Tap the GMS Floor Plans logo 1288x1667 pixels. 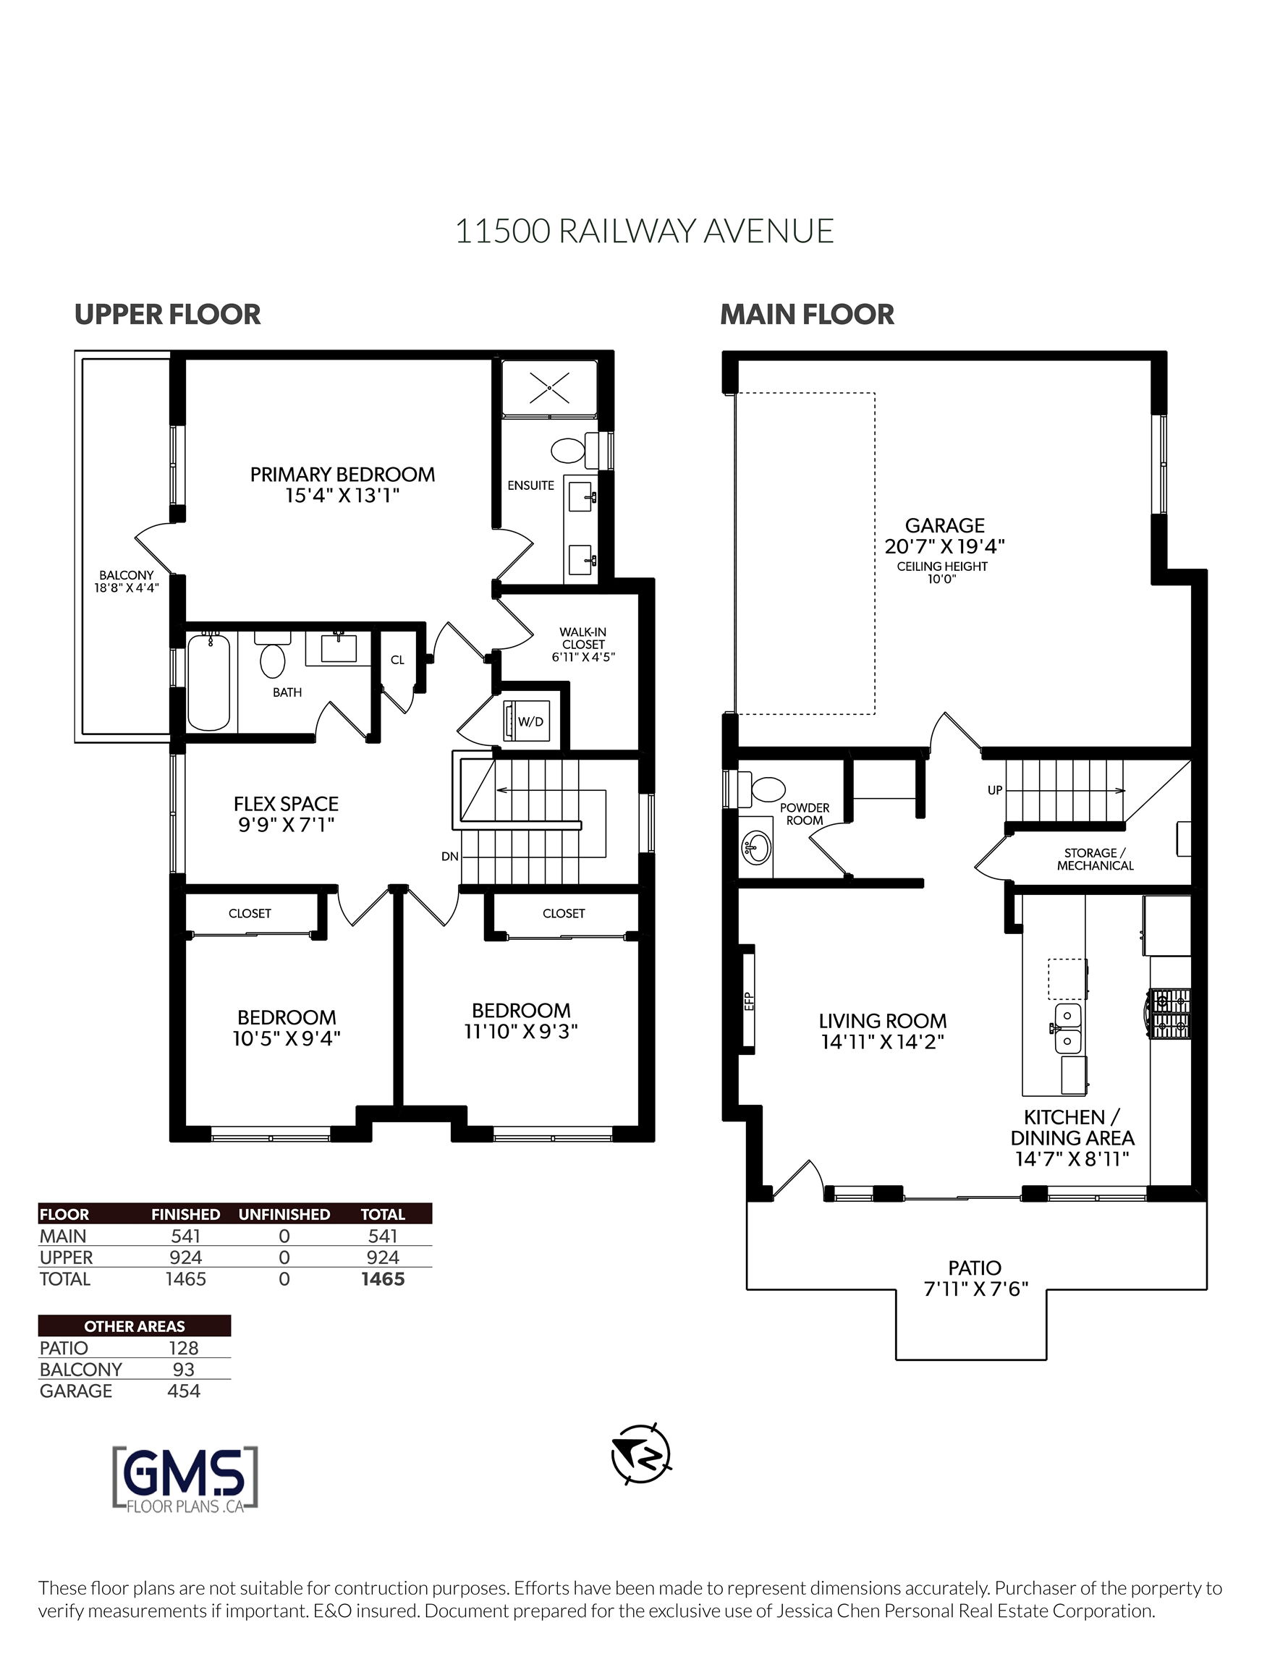[x=185, y=1477]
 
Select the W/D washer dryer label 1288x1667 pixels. [x=530, y=721]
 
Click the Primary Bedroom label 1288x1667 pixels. [x=343, y=474]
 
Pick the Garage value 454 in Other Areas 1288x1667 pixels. [x=183, y=1391]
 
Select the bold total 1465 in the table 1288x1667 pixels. [x=383, y=1278]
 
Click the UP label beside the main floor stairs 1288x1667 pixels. [x=995, y=790]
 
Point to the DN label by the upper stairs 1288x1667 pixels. [x=449, y=857]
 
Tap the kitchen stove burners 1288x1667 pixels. [x=1171, y=1014]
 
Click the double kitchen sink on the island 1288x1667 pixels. [x=1068, y=1028]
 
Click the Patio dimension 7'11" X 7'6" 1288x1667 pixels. [x=975, y=1289]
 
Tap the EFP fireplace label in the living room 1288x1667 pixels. [x=749, y=1000]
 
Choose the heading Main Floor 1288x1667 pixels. [x=807, y=315]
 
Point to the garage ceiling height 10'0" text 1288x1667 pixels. [x=942, y=579]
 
